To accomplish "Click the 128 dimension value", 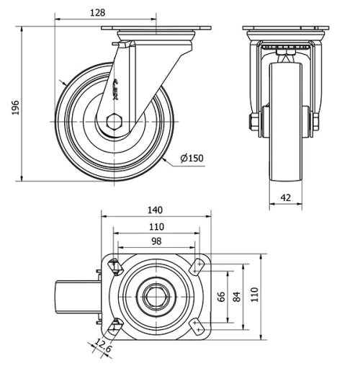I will click(98, 12).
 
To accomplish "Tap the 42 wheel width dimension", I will click(286, 196).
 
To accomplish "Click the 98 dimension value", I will click(156, 241).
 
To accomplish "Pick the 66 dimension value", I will click(222, 295).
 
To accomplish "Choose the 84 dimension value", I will click(238, 295).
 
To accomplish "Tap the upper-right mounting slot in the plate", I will click(197, 266).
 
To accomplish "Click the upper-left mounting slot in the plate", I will click(114, 267).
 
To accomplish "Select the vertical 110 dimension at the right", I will click(253, 295).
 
